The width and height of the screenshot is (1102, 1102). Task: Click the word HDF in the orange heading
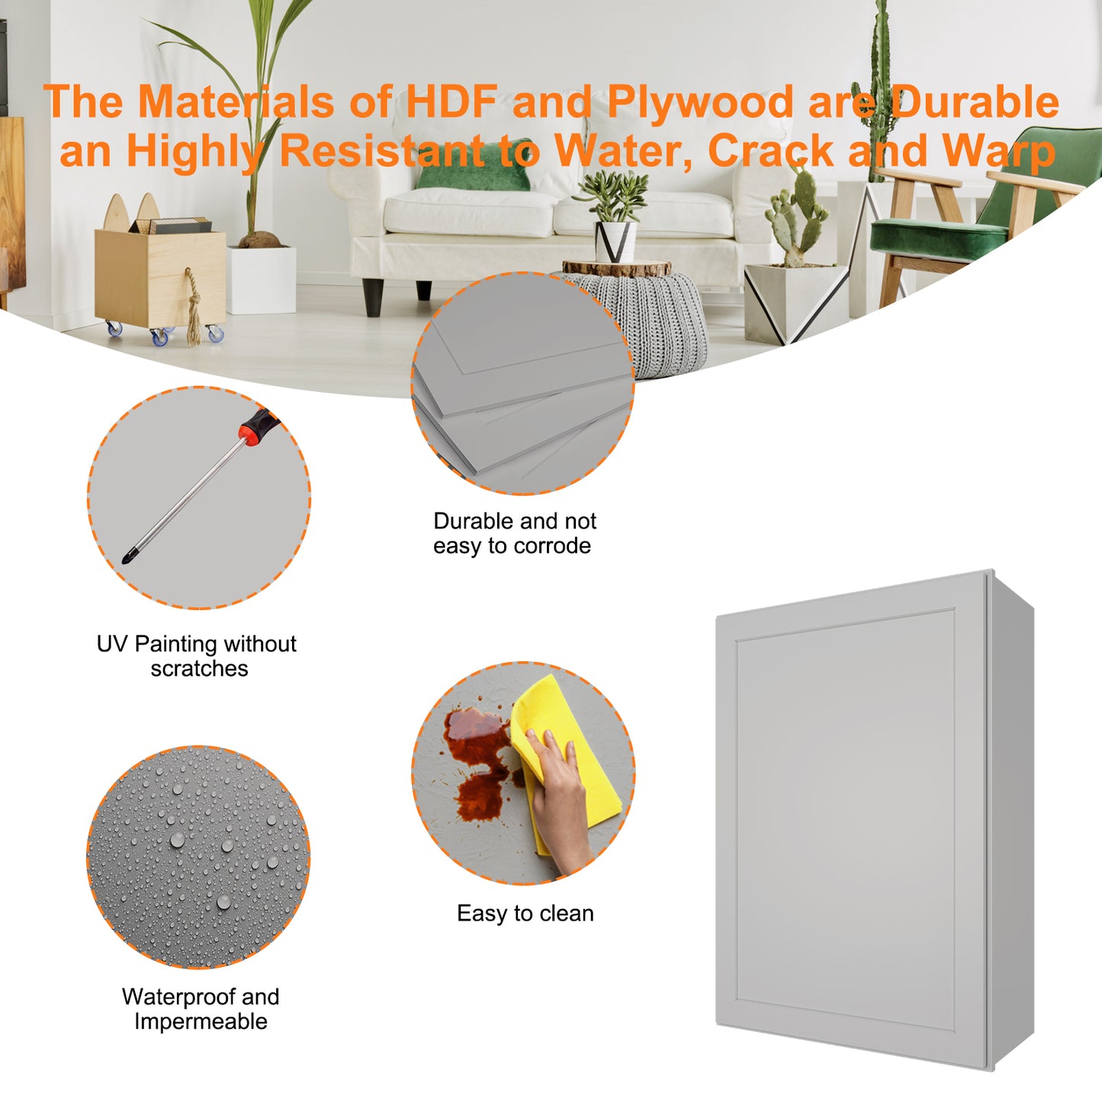[451, 101]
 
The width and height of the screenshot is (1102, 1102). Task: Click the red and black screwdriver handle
[260, 425]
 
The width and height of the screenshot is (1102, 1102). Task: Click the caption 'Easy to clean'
[525, 914]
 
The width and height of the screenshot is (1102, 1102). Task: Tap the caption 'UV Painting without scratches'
[197, 656]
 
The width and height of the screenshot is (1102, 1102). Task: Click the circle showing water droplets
[198, 857]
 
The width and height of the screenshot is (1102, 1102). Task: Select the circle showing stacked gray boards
[522, 383]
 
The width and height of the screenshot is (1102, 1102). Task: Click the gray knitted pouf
[657, 321]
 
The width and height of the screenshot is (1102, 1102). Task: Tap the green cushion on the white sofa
[474, 165]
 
